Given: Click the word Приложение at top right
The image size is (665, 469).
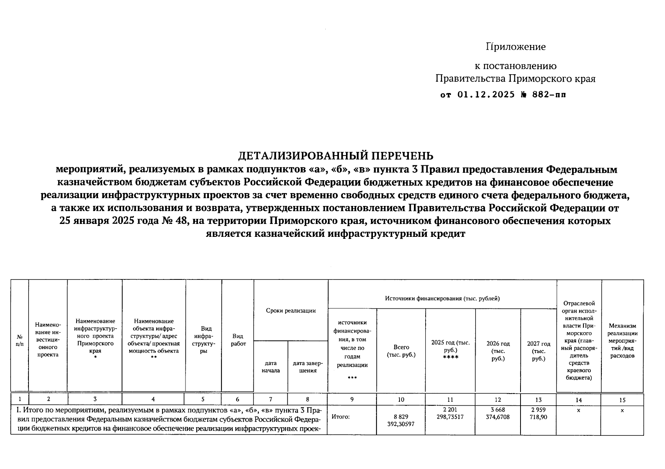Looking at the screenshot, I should click(515, 47).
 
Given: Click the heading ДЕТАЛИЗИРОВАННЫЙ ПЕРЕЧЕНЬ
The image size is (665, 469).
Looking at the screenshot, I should click(336, 156).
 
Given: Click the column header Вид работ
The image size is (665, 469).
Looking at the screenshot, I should click(238, 340).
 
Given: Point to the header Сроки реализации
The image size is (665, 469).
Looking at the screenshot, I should click(291, 311).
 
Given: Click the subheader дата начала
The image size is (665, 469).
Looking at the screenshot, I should click(271, 367).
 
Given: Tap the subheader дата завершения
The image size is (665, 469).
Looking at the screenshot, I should click(308, 367).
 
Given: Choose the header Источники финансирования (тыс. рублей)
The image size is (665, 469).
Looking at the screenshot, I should click(442, 299).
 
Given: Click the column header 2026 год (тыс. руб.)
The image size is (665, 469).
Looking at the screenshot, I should click(498, 351).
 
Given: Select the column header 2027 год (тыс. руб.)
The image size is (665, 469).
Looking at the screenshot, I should click(538, 351).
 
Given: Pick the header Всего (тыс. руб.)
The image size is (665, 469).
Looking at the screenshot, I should click(401, 351).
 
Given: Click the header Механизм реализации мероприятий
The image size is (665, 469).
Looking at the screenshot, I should click(622, 340).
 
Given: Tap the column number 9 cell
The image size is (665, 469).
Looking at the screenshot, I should click(352, 399).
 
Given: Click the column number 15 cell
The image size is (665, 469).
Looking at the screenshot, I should click(622, 399).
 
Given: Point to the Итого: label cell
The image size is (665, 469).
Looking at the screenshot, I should click(341, 417).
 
